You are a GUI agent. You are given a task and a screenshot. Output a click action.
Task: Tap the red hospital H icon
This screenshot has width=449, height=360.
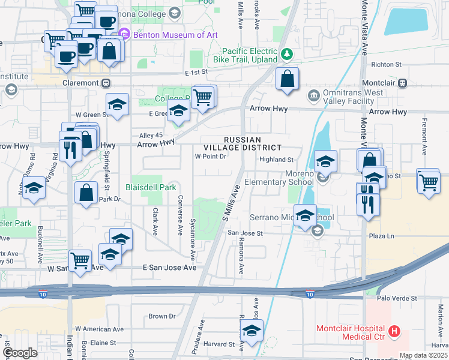tap(394, 331)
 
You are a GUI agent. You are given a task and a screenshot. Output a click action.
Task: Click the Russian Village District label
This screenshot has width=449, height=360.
tap(252, 143)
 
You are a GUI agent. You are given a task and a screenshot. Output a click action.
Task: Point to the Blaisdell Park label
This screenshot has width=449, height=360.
tap(151, 187)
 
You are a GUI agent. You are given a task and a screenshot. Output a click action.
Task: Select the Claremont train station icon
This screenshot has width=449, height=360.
tap(106, 83)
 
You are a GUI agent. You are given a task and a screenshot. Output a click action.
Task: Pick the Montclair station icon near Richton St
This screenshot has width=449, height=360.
tap(403, 83)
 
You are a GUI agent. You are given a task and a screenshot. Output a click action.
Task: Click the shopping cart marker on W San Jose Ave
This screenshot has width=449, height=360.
tap(80, 261)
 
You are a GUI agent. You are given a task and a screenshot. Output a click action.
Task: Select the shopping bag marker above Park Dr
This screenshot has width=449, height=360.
tap(86, 193)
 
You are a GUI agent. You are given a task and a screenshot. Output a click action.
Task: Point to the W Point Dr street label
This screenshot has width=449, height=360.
tap(209, 157)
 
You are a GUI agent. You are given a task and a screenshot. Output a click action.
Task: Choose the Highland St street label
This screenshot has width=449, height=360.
tap(276, 160)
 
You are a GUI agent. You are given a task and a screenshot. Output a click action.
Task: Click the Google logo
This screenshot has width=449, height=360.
tap(20, 353)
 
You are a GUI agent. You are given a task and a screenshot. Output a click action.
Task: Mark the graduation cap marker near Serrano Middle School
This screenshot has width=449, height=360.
tap(305, 216)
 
